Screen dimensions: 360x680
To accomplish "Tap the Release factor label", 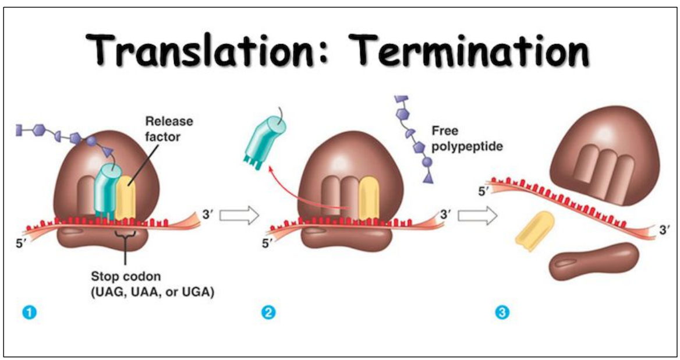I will (168, 129).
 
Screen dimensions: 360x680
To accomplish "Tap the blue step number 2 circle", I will (269, 313).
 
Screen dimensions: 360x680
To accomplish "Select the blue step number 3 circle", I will (501, 313).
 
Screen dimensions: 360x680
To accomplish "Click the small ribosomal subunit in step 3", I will (593, 261).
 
